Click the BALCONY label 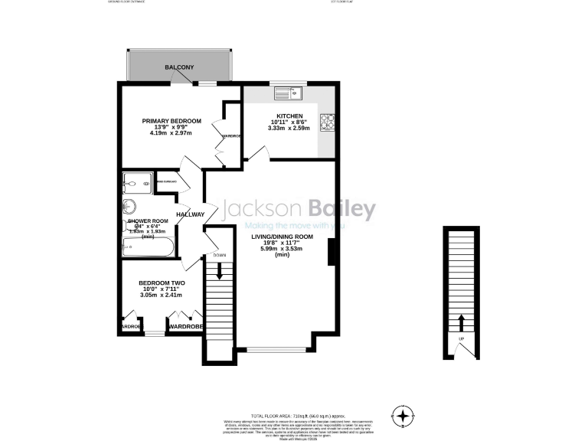click(x=179, y=68)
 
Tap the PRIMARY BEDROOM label click(x=171, y=121)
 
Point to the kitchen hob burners click(x=327, y=120)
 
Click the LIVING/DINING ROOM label click(x=283, y=237)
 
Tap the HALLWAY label click(x=190, y=214)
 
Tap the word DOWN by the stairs click(x=220, y=255)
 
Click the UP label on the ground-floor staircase click(x=461, y=339)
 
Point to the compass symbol click(x=403, y=416)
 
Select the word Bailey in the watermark click(x=341, y=209)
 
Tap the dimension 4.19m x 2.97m click(x=170, y=134)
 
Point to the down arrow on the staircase click(x=220, y=270)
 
